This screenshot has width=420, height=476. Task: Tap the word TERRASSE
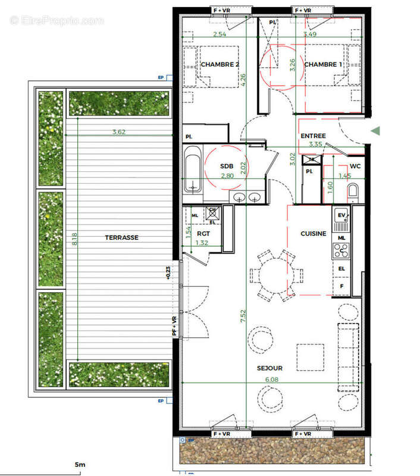click(121, 237)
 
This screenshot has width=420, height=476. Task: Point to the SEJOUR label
click(271, 368)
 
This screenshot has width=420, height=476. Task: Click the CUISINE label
click(313, 234)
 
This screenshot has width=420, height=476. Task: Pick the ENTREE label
click(313, 136)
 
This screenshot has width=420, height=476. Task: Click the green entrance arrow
click(375, 130)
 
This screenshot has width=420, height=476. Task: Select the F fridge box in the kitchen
click(341, 286)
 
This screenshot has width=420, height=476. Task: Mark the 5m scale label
click(79, 464)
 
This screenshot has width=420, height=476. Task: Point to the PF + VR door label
click(174, 327)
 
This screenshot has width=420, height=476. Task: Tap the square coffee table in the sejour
click(311, 358)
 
